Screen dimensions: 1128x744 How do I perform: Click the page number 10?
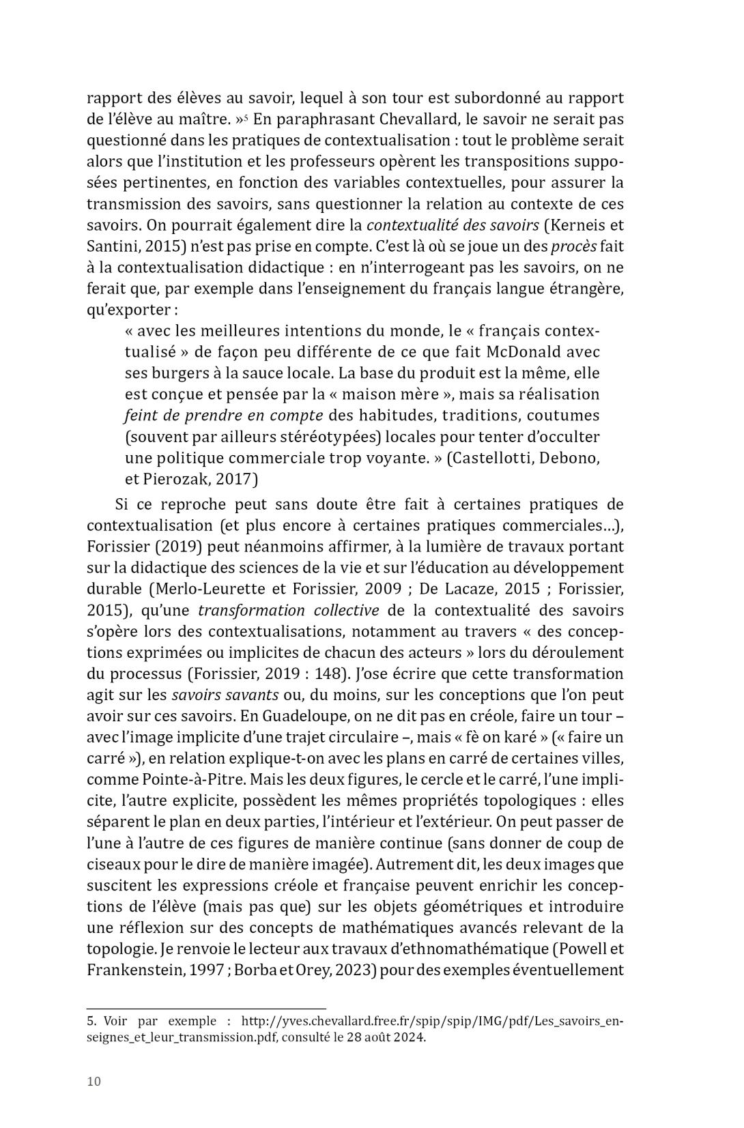tap(94, 1082)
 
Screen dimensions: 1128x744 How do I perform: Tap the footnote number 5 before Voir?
tap(91, 1022)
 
